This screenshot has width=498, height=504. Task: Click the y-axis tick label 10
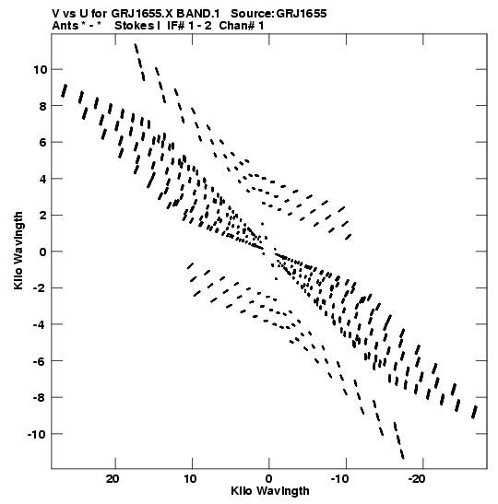[41, 69]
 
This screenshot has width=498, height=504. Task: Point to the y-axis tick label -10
[37, 435]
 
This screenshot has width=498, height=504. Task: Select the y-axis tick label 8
[43, 106]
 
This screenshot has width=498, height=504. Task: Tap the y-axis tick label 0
[43, 252]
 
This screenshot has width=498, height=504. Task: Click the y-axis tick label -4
[40, 324]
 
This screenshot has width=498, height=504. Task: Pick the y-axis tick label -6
[40, 361]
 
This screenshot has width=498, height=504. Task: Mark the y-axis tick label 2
[43, 216]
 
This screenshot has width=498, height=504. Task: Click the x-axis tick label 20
[113, 479]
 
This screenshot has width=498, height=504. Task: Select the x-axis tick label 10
[190, 479]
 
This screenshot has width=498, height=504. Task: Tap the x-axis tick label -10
[339, 479]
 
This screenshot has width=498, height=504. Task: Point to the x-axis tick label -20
[417, 479]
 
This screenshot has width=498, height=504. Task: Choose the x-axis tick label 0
[269, 479]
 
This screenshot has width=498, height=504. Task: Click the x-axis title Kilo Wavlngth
[270, 491]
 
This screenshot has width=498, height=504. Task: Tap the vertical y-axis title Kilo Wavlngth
[18, 251]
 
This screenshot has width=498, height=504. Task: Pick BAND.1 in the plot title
[198, 14]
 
